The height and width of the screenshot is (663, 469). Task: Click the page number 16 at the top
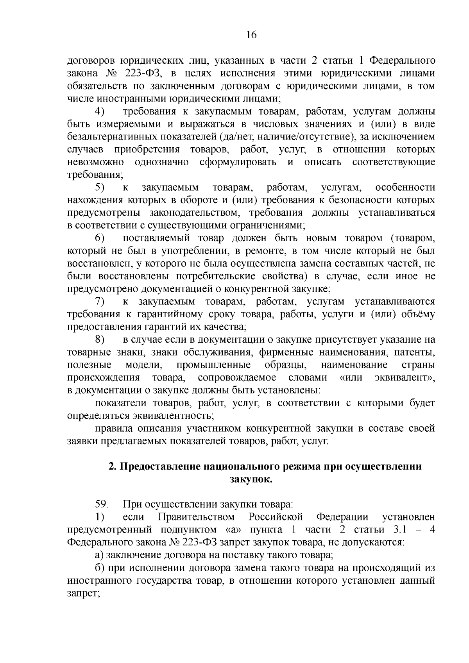(251, 35)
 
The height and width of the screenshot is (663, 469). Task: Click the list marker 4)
(100, 112)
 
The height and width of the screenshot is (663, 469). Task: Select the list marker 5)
(100, 188)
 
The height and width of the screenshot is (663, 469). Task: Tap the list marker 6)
(100, 238)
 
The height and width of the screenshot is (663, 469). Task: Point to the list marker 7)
(100, 302)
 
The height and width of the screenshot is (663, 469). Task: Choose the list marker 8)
(100, 340)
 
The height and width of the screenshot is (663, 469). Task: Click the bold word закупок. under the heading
(251, 479)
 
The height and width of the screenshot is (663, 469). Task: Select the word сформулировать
(238, 162)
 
